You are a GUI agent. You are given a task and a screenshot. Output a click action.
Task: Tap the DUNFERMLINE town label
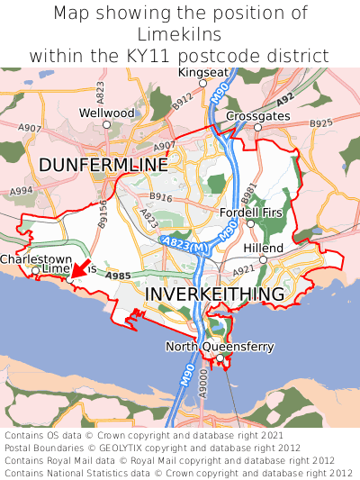coord(103,166)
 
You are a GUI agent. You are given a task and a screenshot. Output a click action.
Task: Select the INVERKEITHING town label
coord(214,294)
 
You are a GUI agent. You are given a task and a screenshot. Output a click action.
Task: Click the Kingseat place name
coord(203,72)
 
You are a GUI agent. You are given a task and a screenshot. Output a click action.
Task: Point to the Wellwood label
coord(106,113)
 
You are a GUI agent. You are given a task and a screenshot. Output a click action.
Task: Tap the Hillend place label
coord(263,248)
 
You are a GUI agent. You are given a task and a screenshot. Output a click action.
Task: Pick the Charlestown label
coord(36,259)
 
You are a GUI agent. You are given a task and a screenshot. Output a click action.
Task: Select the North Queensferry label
coord(220,347)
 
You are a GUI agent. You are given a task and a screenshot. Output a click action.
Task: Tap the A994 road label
coord(22,191)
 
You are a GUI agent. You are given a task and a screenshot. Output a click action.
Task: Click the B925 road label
coord(320,122)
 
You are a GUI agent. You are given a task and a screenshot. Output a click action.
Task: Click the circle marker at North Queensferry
coord(219,358)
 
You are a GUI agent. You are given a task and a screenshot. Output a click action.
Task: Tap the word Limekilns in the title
coord(180,34)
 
